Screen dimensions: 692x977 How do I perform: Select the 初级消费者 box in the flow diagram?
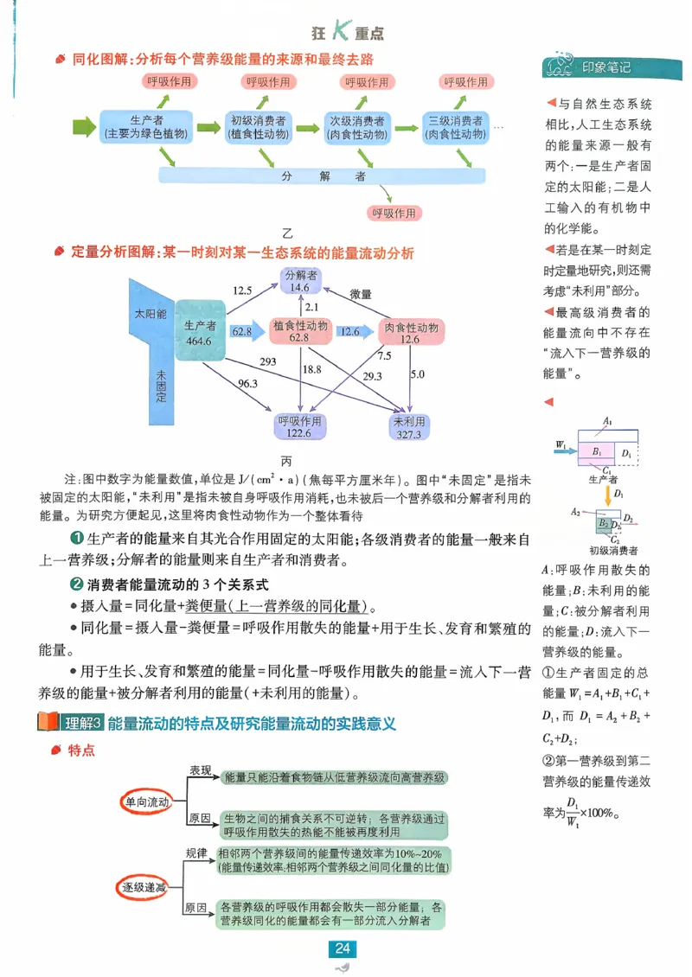point(259,127)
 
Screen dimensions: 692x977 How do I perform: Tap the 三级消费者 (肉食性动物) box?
point(455,127)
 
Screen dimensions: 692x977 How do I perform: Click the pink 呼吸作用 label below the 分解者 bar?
point(394,213)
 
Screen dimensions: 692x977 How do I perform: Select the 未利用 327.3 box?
point(407,427)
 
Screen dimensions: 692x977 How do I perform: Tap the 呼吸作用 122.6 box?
point(300,427)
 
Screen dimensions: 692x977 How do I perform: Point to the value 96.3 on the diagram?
point(247,383)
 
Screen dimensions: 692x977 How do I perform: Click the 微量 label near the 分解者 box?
point(360,294)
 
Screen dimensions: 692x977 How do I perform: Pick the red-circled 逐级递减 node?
point(143,888)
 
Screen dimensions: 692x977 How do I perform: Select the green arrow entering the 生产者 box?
point(84,127)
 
